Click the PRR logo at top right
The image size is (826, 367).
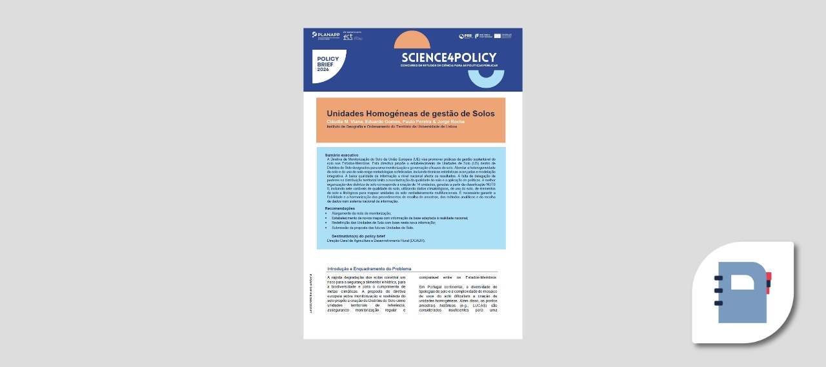click(x=465, y=36)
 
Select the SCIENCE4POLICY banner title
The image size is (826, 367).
click(x=448, y=57)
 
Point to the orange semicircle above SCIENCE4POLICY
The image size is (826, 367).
click(x=412, y=41)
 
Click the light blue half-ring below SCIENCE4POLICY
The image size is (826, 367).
click(x=486, y=79)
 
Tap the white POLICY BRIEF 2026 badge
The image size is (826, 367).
click(x=328, y=64)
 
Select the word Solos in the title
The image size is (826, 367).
click(x=483, y=114)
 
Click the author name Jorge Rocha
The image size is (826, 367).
click(x=450, y=121)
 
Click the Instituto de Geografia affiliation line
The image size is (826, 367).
click(x=392, y=126)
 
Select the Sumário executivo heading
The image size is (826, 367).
click(x=341, y=155)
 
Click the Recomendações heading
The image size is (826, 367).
click(x=340, y=208)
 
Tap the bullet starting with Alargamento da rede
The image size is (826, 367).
click(x=361, y=213)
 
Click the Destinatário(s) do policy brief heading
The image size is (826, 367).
click(x=362, y=237)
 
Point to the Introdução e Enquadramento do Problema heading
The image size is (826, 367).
click(x=369, y=268)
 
